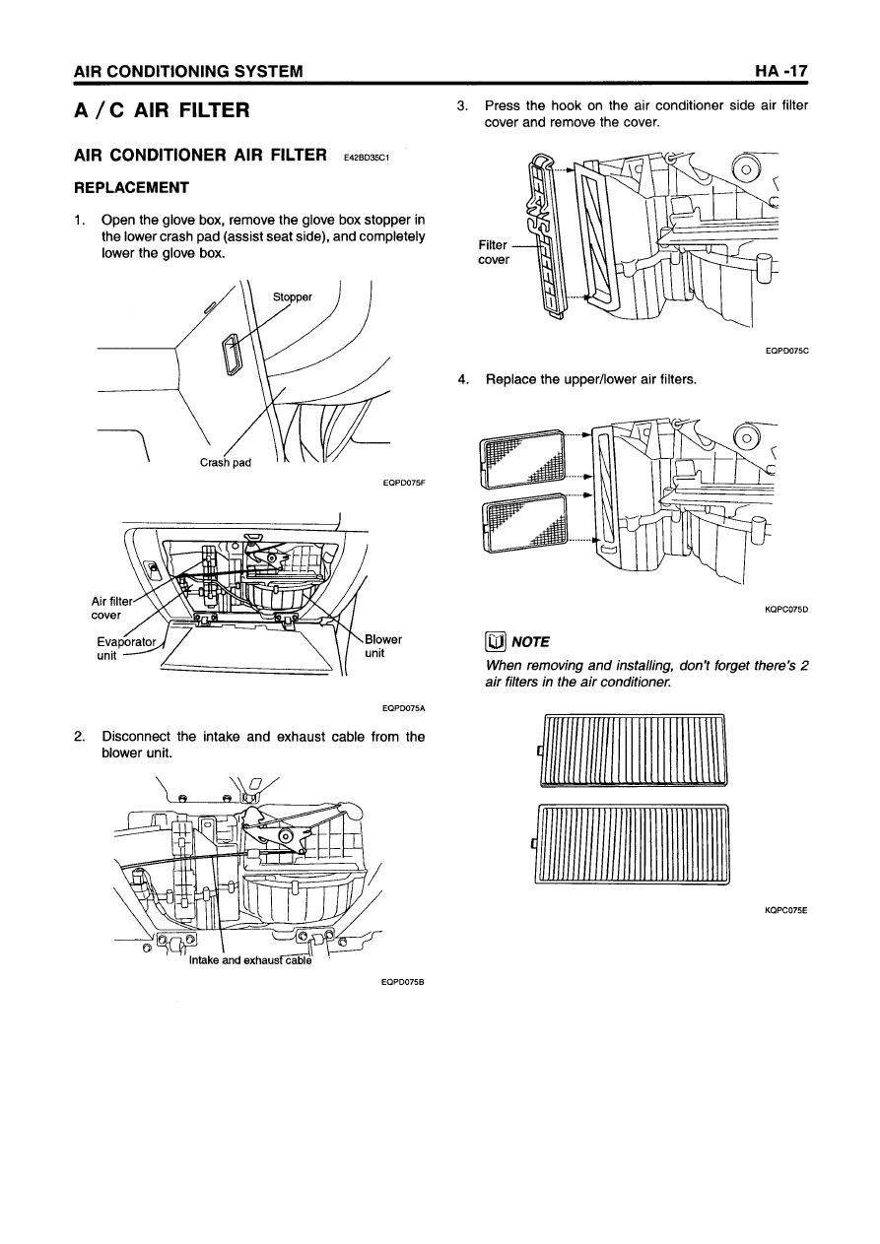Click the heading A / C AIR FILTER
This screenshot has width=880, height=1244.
tap(163, 109)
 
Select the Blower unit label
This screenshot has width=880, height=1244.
tap(382, 646)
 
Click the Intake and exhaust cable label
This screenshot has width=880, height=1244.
tap(249, 961)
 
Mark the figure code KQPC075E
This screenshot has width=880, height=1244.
tap(785, 912)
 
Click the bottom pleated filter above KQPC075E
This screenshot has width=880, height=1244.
tap(632, 844)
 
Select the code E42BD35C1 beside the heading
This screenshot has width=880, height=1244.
tap(369, 157)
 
